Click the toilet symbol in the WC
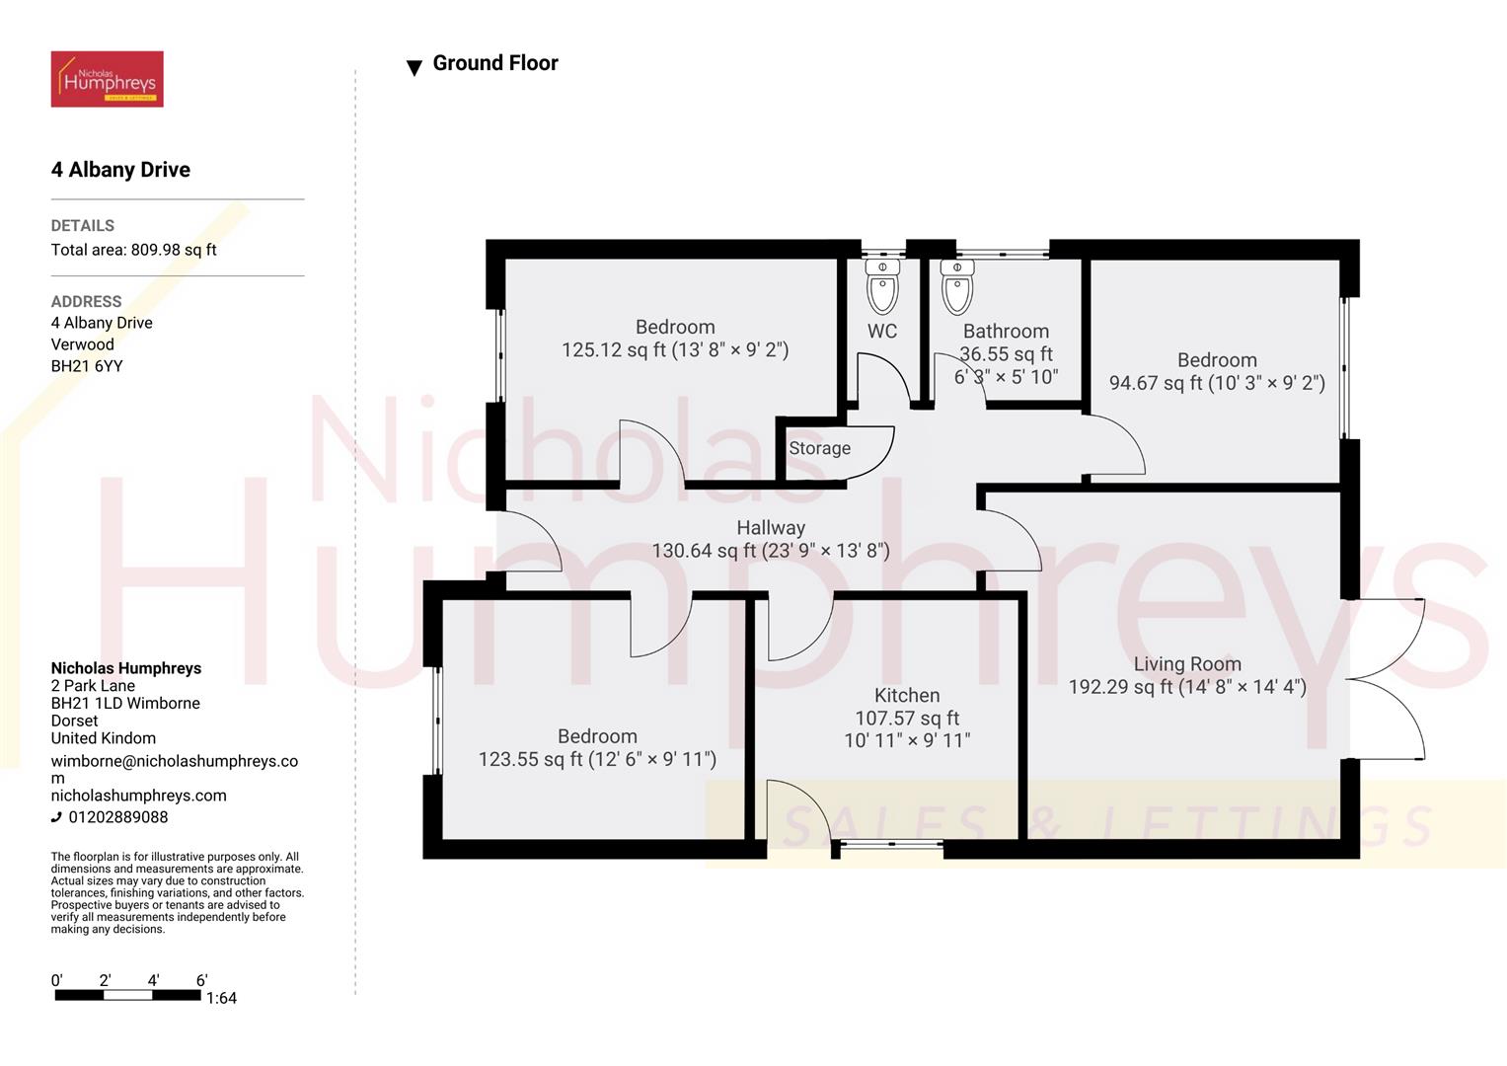(x=882, y=287)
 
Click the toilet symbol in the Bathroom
(x=957, y=287)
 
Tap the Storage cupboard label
(x=819, y=448)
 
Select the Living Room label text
(x=1186, y=664)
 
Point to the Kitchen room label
(x=906, y=696)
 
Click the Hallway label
(x=770, y=528)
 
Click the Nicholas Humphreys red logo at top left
(x=107, y=79)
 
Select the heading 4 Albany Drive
(x=120, y=170)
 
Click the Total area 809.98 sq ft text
(x=133, y=250)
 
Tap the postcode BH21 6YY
(x=87, y=366)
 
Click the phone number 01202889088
(x=117, y=817)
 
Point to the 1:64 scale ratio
(x=221, y=998)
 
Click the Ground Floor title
(x=495, y=63)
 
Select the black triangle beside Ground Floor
(x=414, y=68)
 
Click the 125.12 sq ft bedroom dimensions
(x=675, y=350)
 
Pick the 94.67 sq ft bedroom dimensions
(x=1216, y=383)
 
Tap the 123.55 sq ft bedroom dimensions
(x=597, y=759)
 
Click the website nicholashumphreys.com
(x=138, y=796)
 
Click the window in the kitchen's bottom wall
(x=888, y=845)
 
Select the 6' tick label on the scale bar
(x=201, y=980)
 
